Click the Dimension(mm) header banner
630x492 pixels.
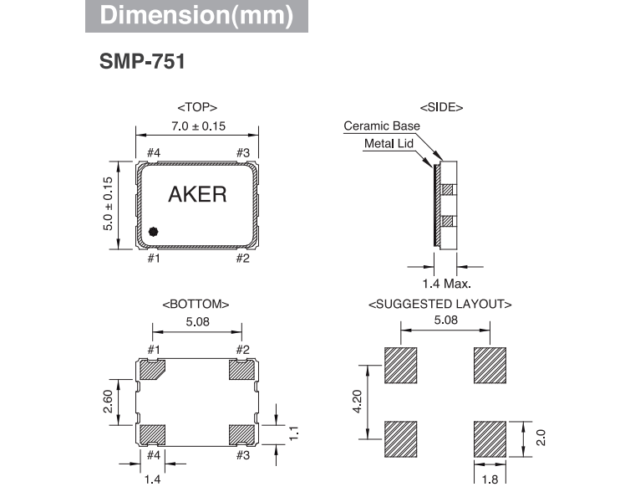pyautogui.click(x=196, y=17)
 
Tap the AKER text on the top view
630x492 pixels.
pyautogui.click(x=197, y=195)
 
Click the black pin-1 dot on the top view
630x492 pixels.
pyautogui.click(x=153, y=231)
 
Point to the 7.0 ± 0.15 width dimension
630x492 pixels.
pyautogui.click(x=197, y=126)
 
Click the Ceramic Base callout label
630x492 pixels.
pyautogui.click(x=382, y=126)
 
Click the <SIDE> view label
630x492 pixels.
pyautogui.click(x=441, y=107)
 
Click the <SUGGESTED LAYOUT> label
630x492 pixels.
pyautogui.click(x=440, y=304)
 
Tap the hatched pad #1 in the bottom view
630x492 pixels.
pyautogui.click(x=154, y=369)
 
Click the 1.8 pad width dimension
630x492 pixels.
pyautogui.click(x=490, y=479)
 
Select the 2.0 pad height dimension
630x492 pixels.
pyautogui.click(x=541, y=436)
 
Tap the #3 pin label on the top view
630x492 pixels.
pyautogui.click(x=242, y=152)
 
